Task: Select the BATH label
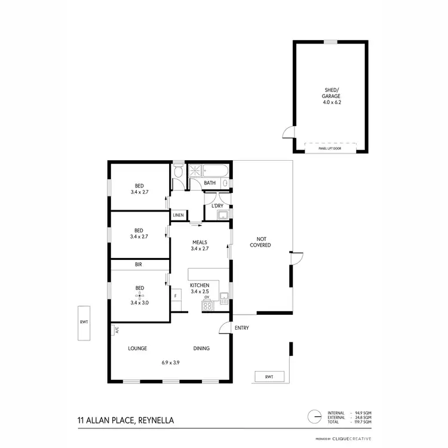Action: coord(210,183)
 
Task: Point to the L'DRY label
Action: coord(217,206)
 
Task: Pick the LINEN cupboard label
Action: coord(178,215)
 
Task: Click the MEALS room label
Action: coord(200,242)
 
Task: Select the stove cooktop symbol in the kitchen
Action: coord(207,306)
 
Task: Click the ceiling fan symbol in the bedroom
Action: coord(140,295)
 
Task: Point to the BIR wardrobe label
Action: coord(139,264)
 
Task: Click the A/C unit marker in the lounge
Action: coord(115,329)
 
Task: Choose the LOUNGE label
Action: coord(137,348)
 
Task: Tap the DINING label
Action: coord(201,348)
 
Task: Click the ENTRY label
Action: coord(242,328)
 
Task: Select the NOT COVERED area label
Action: coord(260,242)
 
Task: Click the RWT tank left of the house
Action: coord(84,323)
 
